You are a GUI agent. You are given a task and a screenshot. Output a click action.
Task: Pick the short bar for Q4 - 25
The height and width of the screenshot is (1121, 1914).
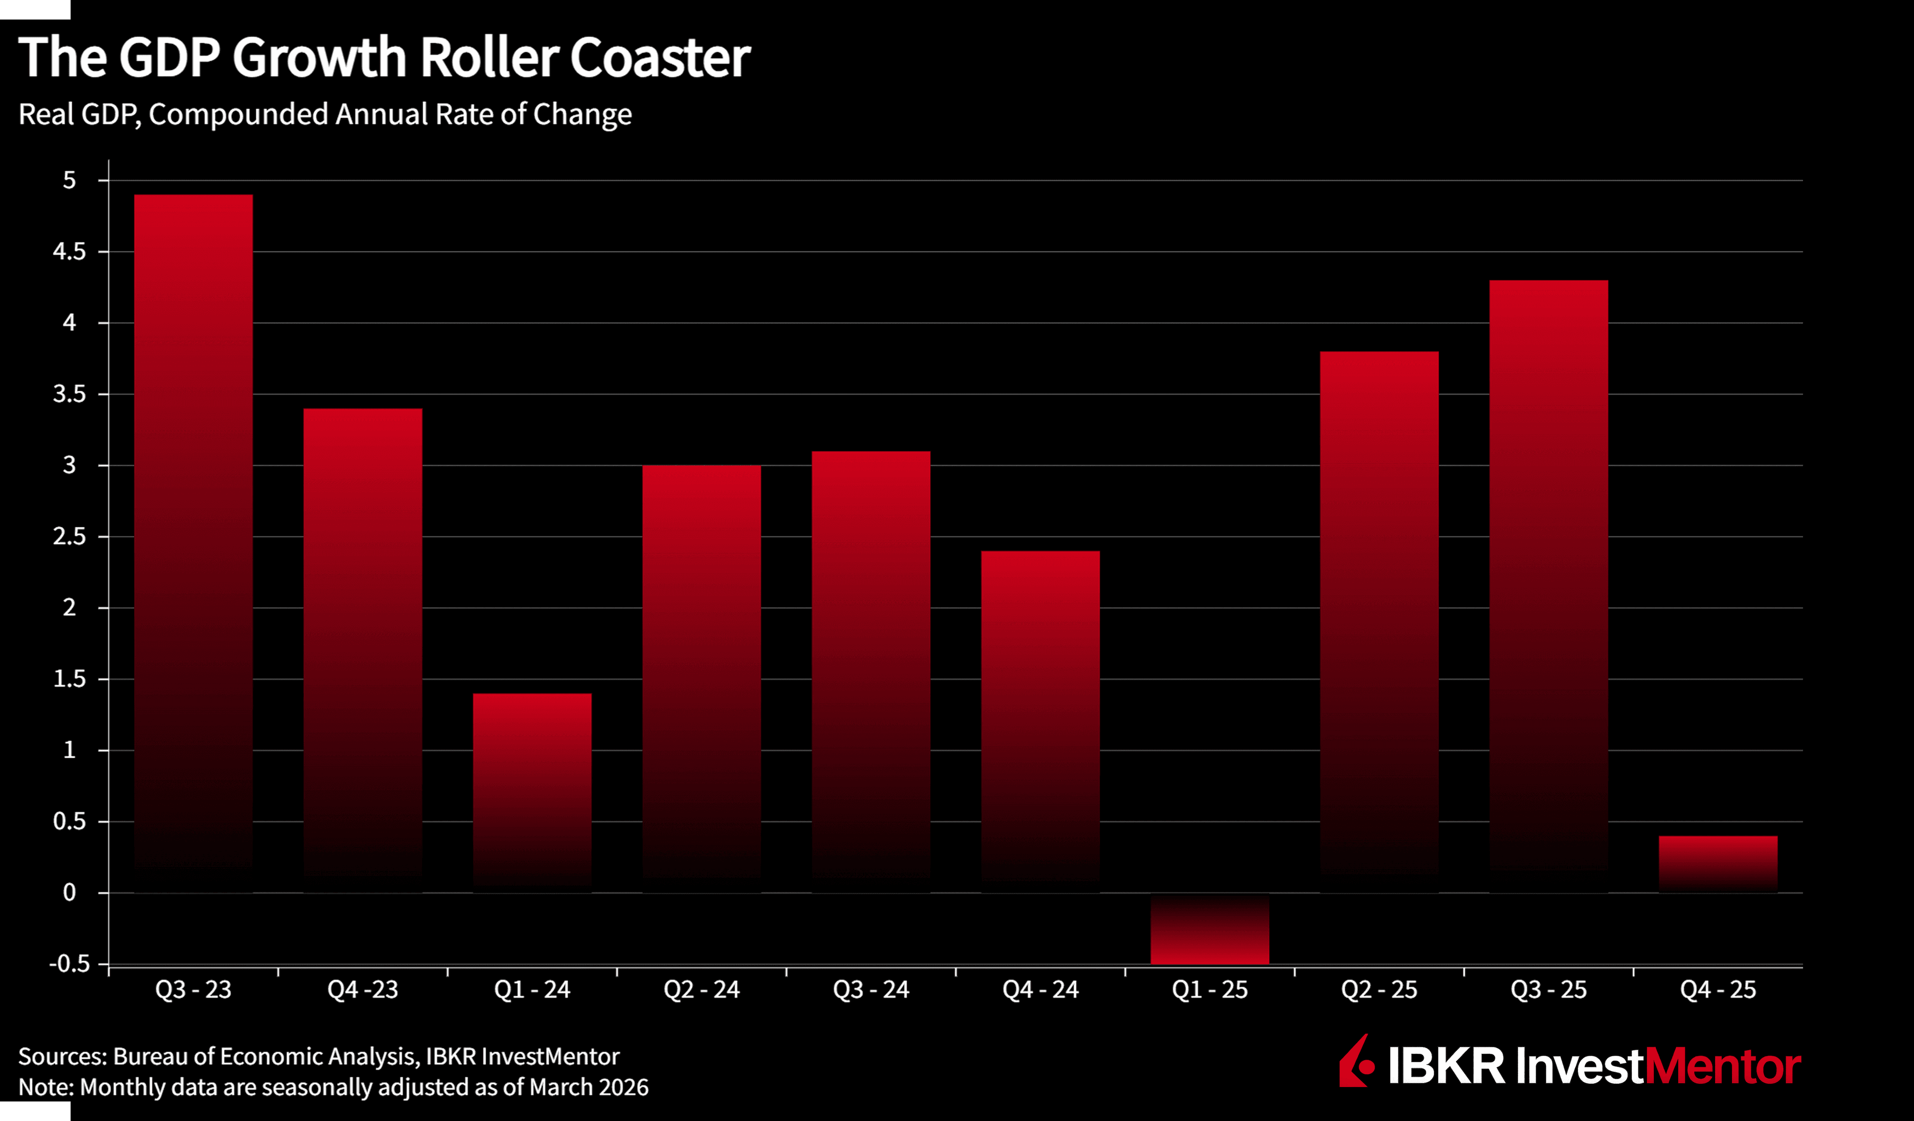pos(1718,864)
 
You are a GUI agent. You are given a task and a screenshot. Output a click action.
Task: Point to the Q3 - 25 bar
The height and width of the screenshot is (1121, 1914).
pos(1549,585)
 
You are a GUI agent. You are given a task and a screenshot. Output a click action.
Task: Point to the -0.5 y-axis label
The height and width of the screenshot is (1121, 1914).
pos(69,964)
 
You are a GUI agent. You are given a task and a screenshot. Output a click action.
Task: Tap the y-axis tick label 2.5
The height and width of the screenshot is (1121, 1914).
pos(69,537)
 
